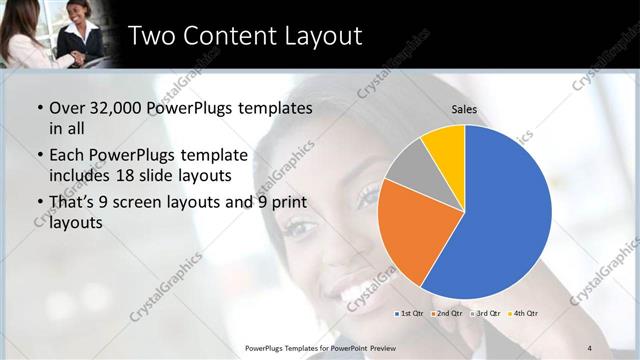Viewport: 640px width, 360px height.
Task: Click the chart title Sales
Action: pos(464,108)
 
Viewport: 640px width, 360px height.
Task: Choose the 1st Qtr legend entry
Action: pos(411,313)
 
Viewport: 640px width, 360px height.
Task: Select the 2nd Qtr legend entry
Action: pos(449,313)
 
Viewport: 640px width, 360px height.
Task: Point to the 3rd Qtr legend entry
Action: pos(487,313)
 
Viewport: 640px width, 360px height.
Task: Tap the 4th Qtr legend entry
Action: pos(525,313)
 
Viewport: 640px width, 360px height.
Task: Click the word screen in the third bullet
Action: pos(150,202)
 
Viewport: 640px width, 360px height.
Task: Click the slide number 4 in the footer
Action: pos(591,346)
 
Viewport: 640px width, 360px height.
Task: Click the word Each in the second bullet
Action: pos(66,155)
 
